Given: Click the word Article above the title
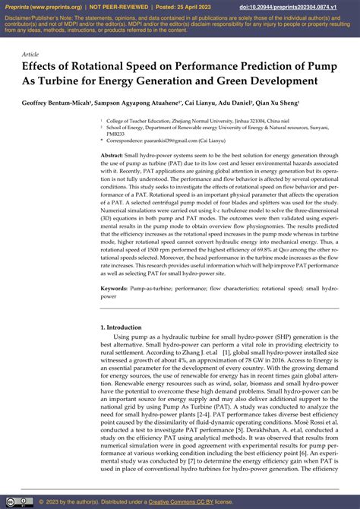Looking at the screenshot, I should (x=30, y=55).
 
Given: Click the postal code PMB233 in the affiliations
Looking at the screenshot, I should (x=116, y=134).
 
